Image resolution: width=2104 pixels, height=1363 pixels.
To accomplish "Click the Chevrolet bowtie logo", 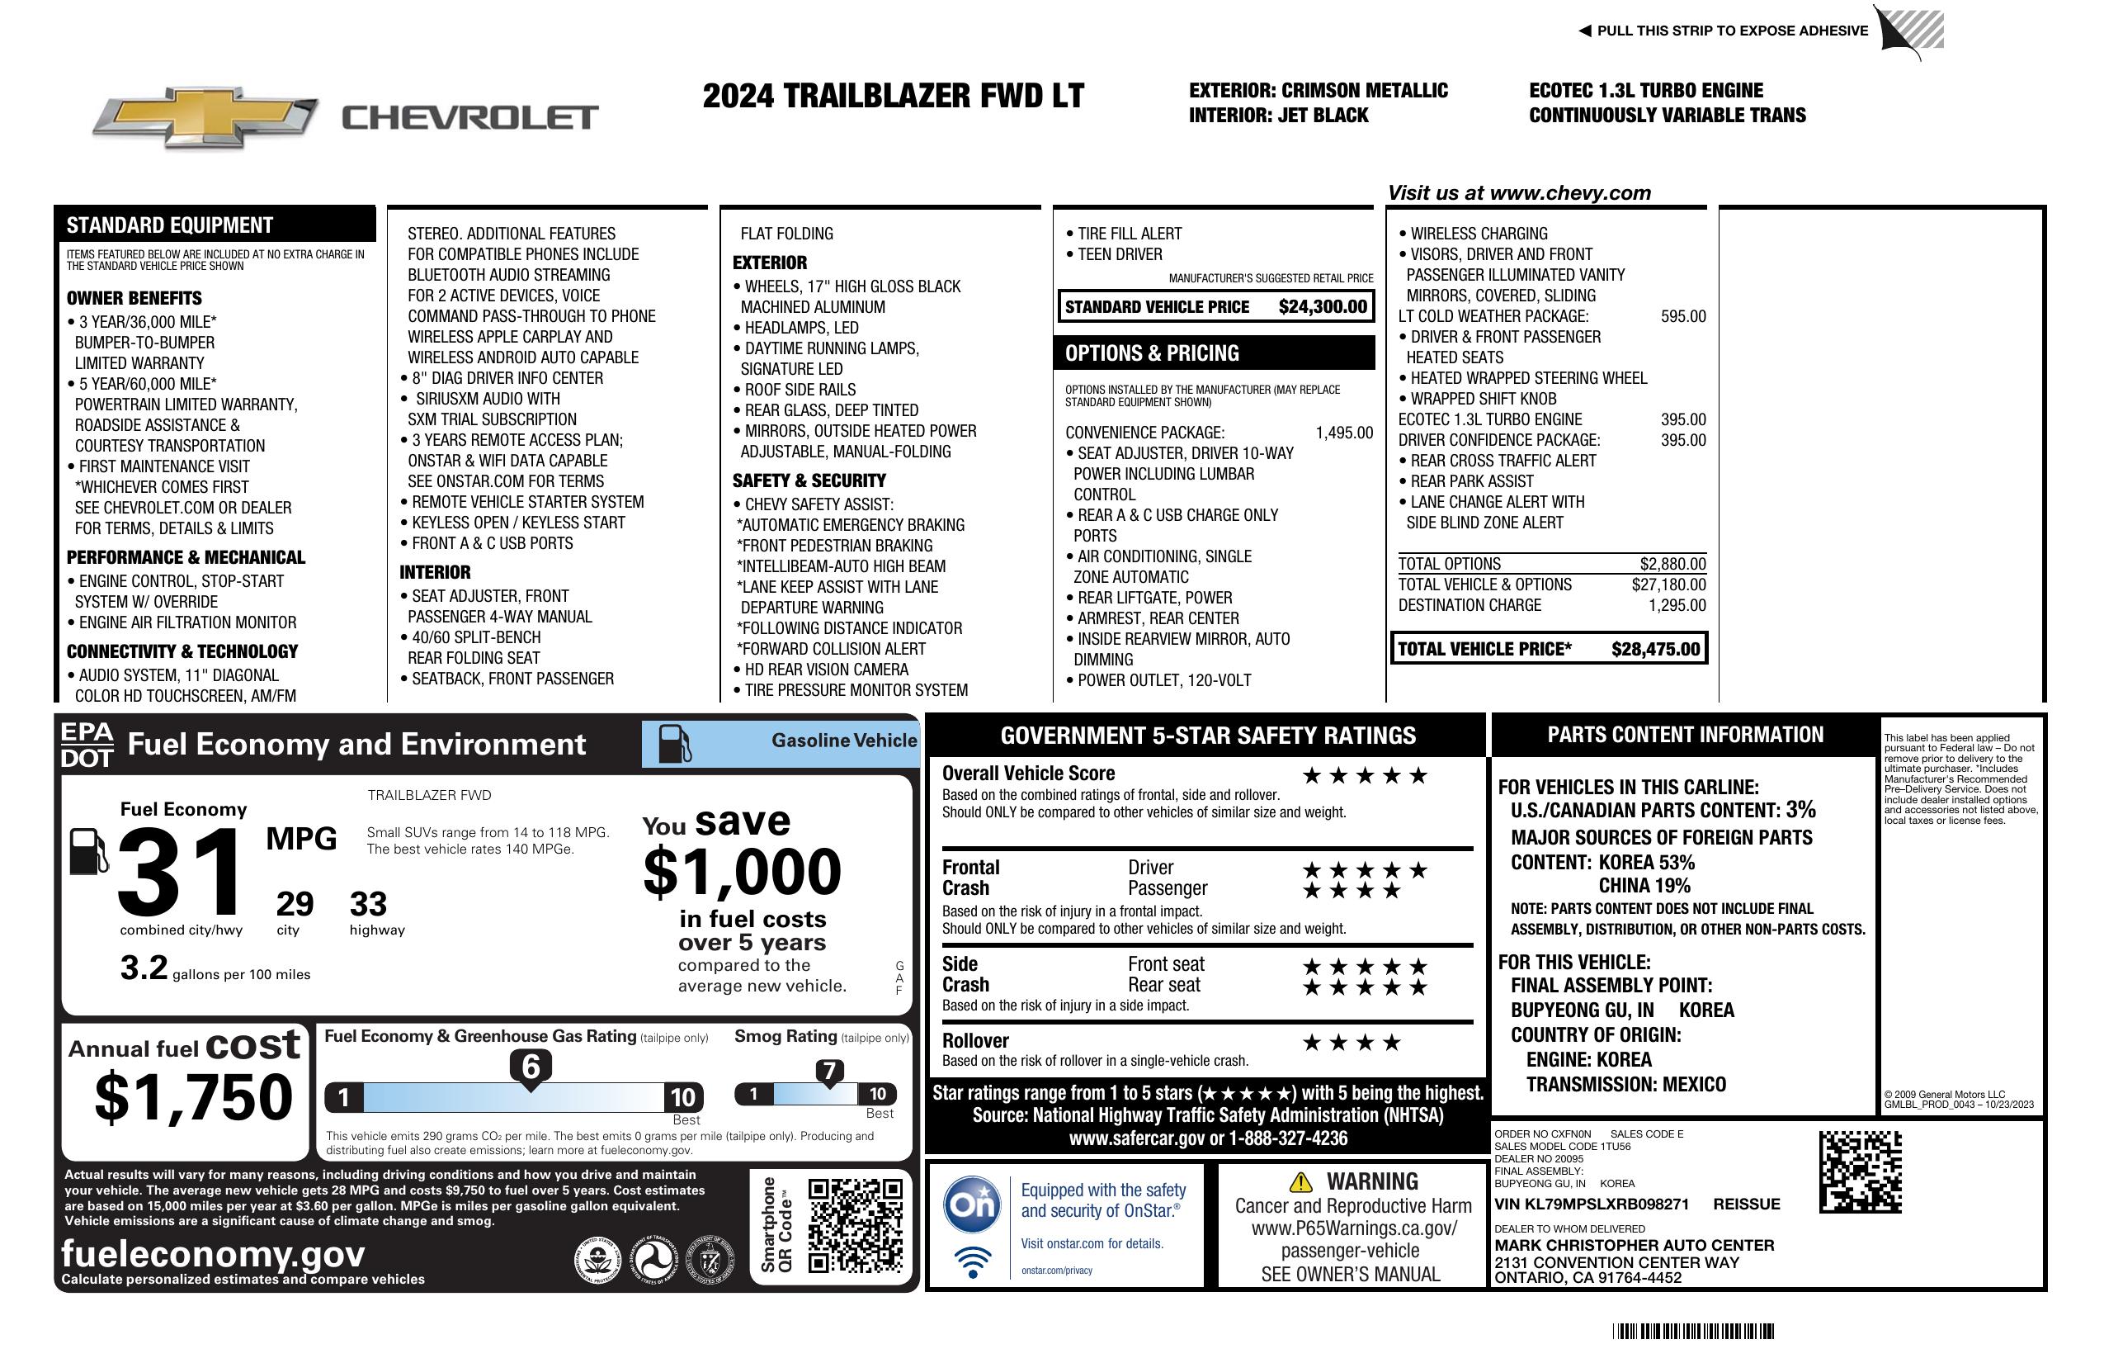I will pos(205,116).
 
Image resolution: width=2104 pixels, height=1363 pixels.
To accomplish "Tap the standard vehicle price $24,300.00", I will pos(1323,307).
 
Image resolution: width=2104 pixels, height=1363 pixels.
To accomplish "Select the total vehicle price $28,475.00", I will pos(1655,649).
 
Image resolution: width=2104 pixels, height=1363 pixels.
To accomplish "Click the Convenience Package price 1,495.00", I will pos(1344,433).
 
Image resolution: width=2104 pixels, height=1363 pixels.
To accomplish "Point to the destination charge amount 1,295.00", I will pos(1677,606).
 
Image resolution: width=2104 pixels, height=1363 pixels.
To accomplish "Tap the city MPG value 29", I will pos(295,904).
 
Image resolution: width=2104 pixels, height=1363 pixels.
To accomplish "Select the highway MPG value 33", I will pos(368,904).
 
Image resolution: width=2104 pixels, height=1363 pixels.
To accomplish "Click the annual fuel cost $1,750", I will pos(193,1098).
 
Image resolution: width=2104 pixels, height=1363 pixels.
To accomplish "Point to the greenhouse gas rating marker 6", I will pos(531,1067).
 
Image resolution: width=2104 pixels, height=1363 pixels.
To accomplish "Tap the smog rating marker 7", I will pos(829,1071).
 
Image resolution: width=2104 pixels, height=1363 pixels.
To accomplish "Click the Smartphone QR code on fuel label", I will pos(855,1224).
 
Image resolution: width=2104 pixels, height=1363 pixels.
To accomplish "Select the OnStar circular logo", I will pos(973,1204).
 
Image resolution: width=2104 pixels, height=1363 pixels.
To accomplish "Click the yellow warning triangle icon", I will pos(1300,1181).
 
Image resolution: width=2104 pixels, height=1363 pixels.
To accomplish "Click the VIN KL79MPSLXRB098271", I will pos(1592,1204).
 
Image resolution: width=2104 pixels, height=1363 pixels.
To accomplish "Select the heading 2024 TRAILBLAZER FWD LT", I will pos(893,96).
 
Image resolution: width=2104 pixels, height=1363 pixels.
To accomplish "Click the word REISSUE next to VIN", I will pos(1747,1204).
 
